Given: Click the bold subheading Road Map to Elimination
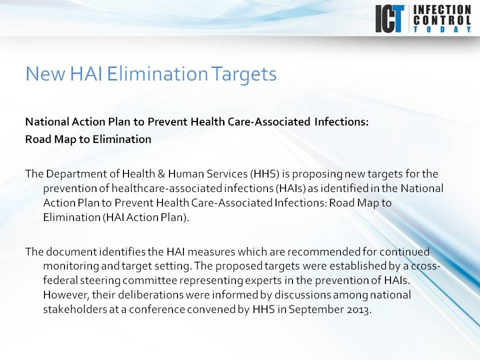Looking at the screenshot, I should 88,139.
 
